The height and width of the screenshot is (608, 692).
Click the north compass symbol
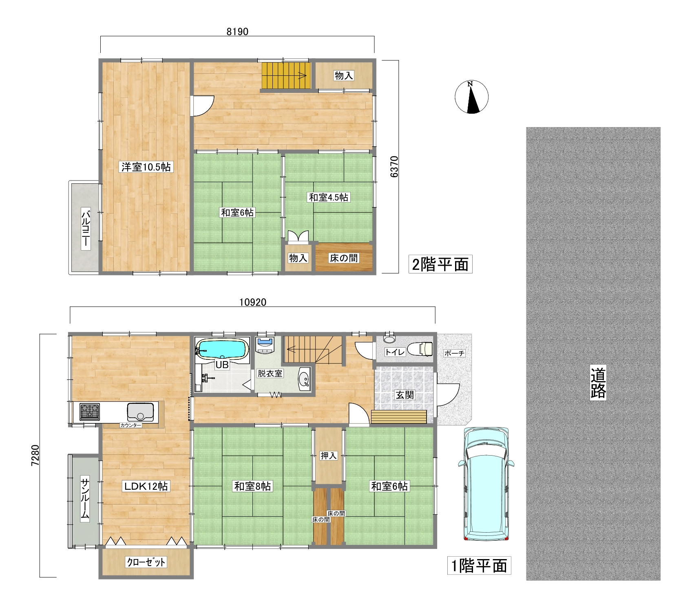tap(471, 97)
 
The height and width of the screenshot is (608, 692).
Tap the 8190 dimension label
tap(237, 31)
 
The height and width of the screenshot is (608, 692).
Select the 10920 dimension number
tap(253, 302)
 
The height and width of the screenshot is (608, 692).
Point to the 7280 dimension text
tap(35, 455)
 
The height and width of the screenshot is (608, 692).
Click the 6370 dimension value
tap(394, 167)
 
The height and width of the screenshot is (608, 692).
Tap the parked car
tap(486, 484)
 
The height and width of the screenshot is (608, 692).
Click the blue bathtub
tap(222, 349)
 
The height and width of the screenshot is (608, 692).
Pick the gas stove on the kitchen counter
tap(89, 412)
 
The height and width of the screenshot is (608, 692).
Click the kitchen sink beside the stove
tap(140, 412)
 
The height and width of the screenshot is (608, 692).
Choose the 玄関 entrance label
tap(405, 394)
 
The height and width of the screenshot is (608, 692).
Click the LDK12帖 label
tap(146, 486)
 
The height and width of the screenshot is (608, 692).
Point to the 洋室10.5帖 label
tap(146, 167)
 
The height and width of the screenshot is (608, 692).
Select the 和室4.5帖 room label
tap(329, 197)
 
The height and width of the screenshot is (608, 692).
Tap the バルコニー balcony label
tap(85, 229)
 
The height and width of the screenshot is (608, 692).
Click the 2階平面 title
tap(440, 264)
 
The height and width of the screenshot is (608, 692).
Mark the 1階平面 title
tap(479, 566)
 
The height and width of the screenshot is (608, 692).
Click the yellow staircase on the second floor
tap(286, 75)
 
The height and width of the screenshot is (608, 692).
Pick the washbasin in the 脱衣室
tap(304, 379)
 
